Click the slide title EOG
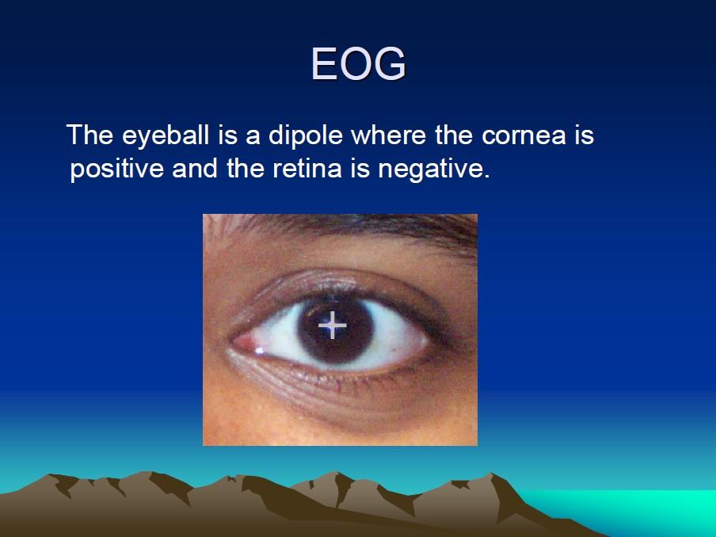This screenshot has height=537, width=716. tap(359, 63)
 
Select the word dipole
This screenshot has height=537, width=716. tap(306, 135)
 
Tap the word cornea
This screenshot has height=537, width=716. tap(524, 135)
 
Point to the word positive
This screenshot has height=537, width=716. tap(117, 169)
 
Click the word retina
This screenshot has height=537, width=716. tap(307, 168)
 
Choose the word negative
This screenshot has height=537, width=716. tap(434, 169)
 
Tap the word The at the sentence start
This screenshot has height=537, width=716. tap(90, 135)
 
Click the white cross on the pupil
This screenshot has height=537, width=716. tap(333, 325)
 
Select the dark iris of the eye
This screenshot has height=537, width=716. tap(336, 329)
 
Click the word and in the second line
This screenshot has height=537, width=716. tap(195, 168)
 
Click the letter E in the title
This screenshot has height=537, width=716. tap(324, 64)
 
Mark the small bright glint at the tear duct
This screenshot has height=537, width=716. tap(259, 351)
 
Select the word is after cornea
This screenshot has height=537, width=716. tap(584, 135)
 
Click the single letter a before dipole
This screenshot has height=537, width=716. tap(253, 137)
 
